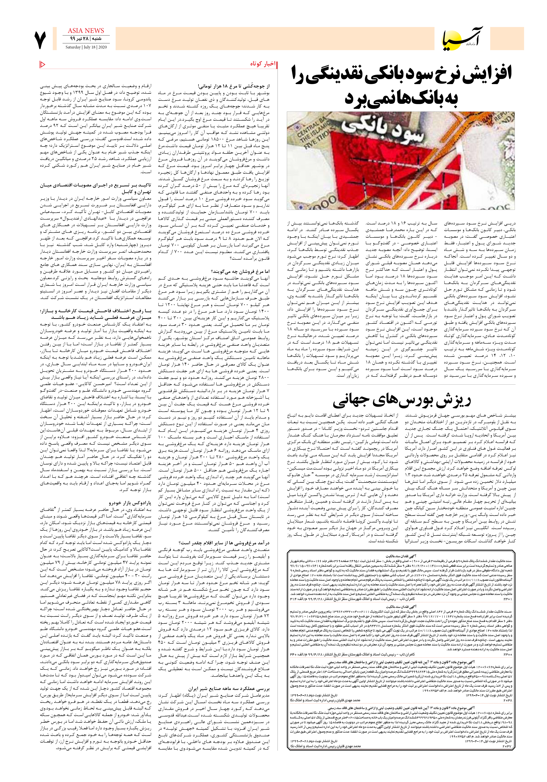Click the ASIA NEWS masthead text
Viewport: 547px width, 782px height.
pyautogui.click(x=86, y=31)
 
